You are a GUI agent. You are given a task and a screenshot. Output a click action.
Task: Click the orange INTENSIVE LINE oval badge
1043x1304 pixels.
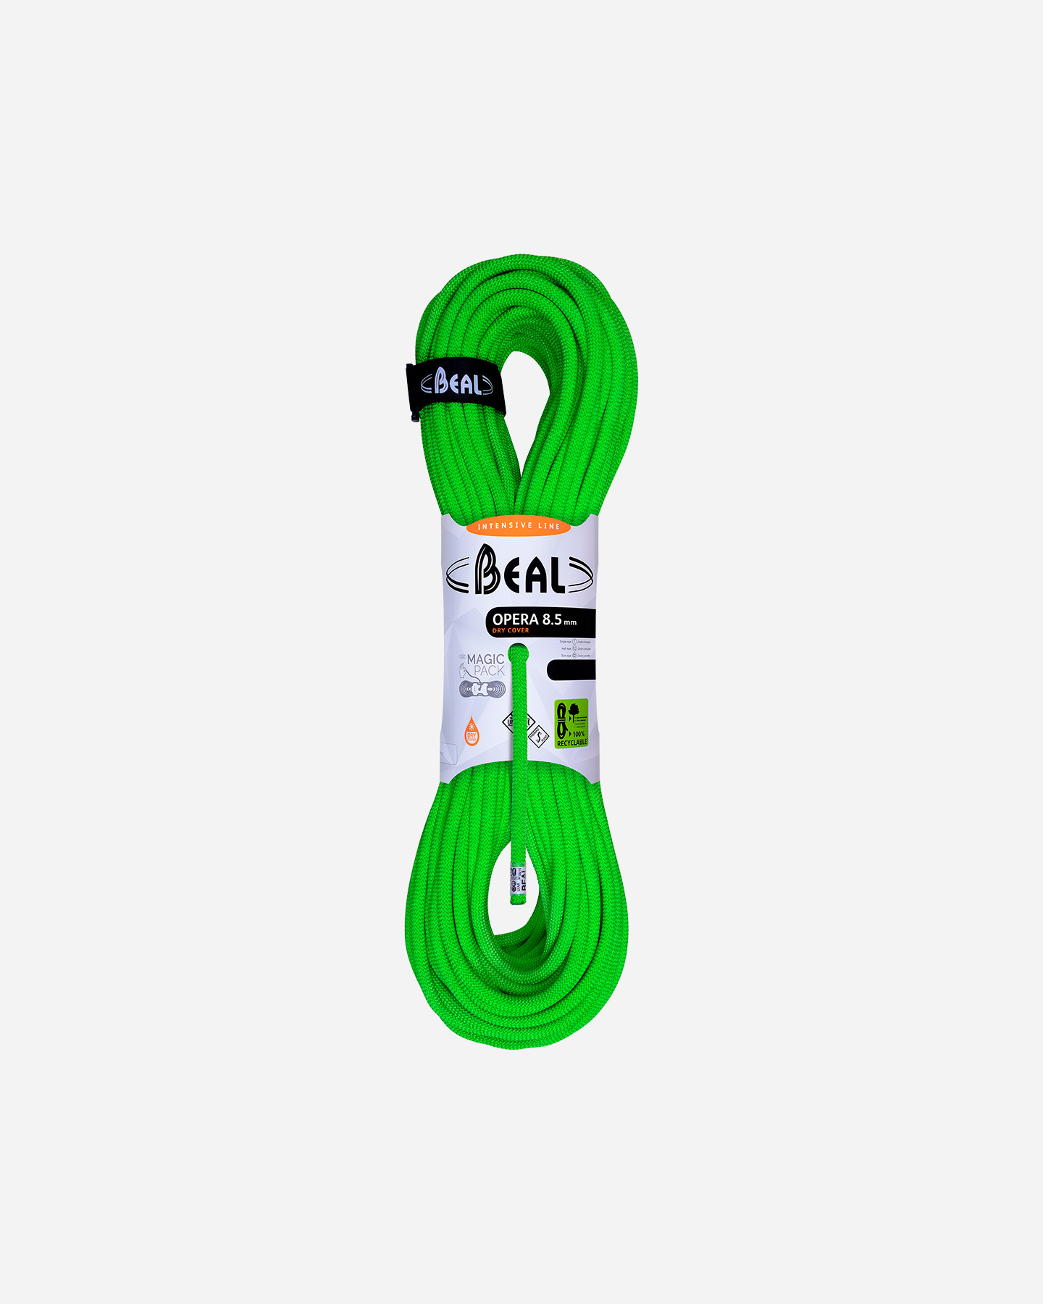point(519,526)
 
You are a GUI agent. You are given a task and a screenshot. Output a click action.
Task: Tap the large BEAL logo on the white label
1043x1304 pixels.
point(519,571)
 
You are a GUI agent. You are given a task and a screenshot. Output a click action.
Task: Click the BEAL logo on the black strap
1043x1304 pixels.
point(457,383)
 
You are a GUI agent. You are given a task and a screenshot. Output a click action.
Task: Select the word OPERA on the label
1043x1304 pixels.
point(516,619)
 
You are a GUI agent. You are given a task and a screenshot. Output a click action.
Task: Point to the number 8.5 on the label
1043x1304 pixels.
point(552,619)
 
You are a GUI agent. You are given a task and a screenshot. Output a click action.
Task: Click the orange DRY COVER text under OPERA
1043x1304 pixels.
point(511,631)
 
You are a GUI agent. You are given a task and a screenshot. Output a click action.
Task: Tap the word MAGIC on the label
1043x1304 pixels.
point(485,659)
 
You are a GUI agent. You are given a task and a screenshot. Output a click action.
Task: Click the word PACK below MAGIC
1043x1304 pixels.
point(489,671)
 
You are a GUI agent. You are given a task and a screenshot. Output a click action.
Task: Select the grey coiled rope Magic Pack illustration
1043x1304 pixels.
point(479,689)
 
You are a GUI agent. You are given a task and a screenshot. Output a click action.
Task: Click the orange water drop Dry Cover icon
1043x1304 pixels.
point(472,731)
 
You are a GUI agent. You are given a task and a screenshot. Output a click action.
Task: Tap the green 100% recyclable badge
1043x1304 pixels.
point(571,724)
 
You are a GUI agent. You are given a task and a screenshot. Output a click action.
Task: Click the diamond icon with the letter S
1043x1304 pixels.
point(539,737)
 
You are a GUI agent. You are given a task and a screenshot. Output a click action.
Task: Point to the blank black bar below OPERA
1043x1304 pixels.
point(571,670)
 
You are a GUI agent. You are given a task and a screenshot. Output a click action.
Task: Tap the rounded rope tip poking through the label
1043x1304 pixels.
point(518,654)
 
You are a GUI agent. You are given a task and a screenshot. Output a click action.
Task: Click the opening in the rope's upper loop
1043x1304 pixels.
point(525,406)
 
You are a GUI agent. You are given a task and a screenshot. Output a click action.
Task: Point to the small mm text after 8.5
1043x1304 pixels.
point(571,622)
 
